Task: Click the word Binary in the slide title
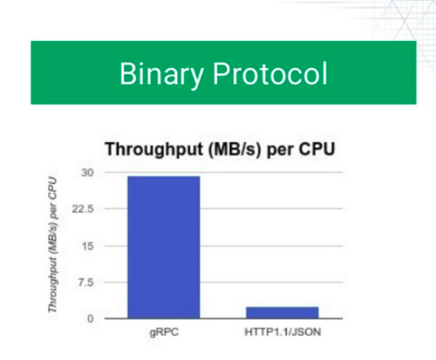(162, 74)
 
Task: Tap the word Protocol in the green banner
(270, 73)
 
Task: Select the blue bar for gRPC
(163, 247)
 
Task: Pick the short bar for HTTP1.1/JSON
(282, 313)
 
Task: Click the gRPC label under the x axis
(164, 331)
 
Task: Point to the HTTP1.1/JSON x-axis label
(282, 331)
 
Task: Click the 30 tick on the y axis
(88, 172)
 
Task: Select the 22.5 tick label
(83, 209)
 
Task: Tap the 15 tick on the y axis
(88, 247)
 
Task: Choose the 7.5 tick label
(86, 282)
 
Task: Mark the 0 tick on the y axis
(90, 319)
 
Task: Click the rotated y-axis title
(53, 245)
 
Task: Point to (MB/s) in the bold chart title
(234, 149)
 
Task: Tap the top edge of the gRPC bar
(163, 176)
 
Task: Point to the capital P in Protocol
(221, 73)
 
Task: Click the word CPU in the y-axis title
(53, 186)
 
